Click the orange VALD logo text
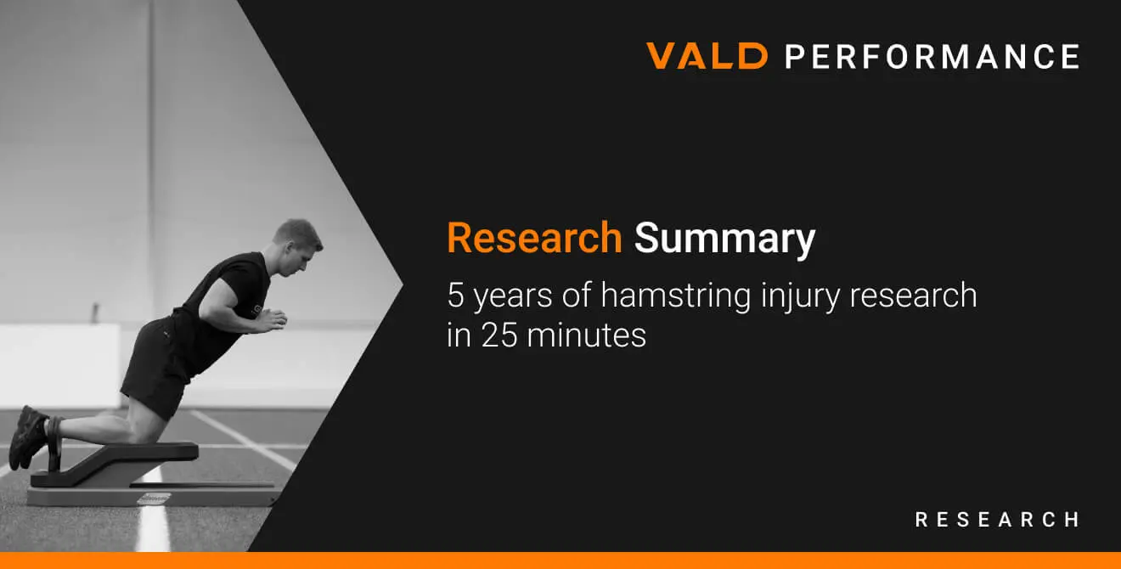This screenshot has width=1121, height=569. click(x=707, y=55)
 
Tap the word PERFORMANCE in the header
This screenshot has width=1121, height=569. click(x=932, y=56)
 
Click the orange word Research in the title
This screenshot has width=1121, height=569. click(x=534, y=238)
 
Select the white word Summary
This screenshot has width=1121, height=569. click(x=724, y=240)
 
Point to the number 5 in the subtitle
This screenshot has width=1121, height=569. click(x=455, y=295)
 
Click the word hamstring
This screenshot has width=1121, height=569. click(x=676, y=296)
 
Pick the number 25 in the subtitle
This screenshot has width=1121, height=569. click(x=499, y=335)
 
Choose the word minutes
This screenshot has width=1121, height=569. click(x=587, y=335)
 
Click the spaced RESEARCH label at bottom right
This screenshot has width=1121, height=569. click(x=997, y=520)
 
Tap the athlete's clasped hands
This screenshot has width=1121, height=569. click(x=273, y=319)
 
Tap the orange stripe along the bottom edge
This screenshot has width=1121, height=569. click(x=560, y=561)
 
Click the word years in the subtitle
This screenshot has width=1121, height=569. click(x=512, y=297)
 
